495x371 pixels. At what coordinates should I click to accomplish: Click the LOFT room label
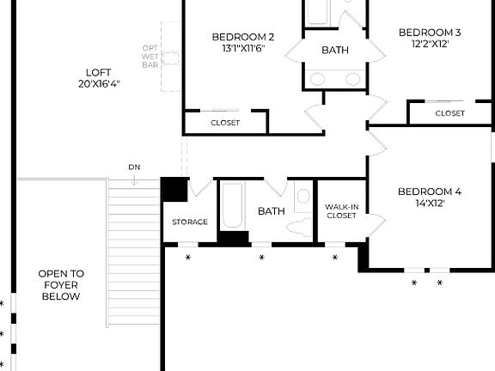pos(98,72)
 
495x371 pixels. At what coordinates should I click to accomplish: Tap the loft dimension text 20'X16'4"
pos(98,84)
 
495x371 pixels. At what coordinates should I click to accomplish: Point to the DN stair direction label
pos(134,167)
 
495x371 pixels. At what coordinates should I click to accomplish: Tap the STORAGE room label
pos(189,222)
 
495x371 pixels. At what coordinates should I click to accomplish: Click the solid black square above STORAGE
pos(174,189)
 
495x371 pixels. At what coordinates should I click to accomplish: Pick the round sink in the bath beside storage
pos(302,197)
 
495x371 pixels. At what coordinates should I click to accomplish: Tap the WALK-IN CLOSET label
pos(341,211)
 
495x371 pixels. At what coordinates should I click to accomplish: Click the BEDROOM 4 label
pos(430,192)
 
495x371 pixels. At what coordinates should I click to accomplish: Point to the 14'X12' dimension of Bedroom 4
pos(430,204)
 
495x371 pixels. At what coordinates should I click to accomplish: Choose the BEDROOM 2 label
pos(243,37)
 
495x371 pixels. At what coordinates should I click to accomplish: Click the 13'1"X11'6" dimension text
pos(243,49)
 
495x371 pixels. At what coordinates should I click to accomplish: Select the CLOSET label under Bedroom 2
pos(225,123)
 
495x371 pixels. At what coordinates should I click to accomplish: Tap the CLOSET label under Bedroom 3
pos(449,113)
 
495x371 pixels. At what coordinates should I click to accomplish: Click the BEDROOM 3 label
pos(430,33)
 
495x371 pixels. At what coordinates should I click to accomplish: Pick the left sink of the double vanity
pos(318,79)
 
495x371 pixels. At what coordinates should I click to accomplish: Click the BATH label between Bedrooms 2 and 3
pos(335,51)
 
